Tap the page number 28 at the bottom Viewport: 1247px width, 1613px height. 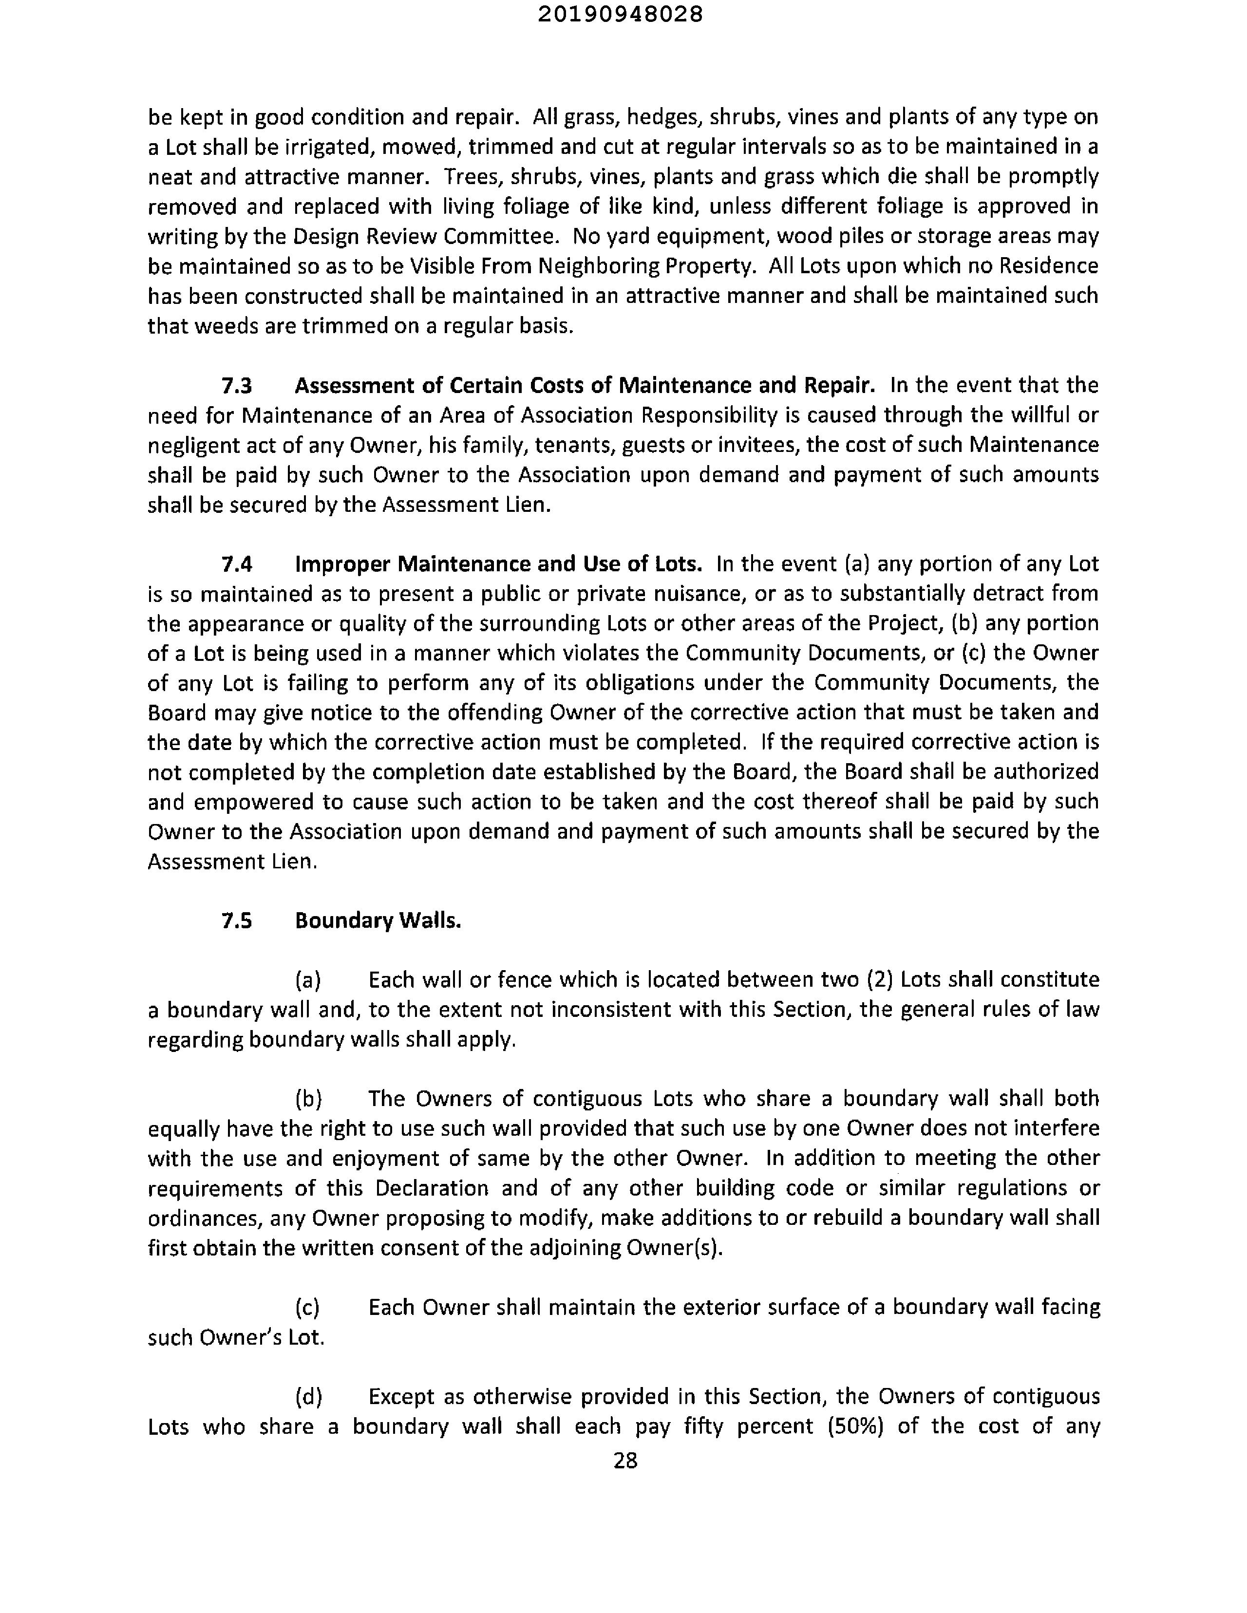pyautogui.click(x=625, y=1460)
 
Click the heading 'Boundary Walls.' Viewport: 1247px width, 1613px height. pyautogui.click(x=378, y=920)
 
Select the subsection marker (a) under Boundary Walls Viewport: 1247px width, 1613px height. pyautogui.click(x=308, y=980)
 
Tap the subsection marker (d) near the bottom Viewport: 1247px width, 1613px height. pyautogui.click(x=308, y=1397)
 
